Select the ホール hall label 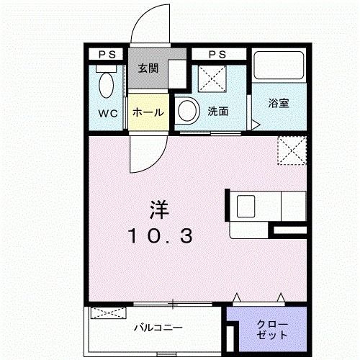pos(147,113)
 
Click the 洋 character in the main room pos(159,211)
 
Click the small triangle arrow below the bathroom pos(255,124)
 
